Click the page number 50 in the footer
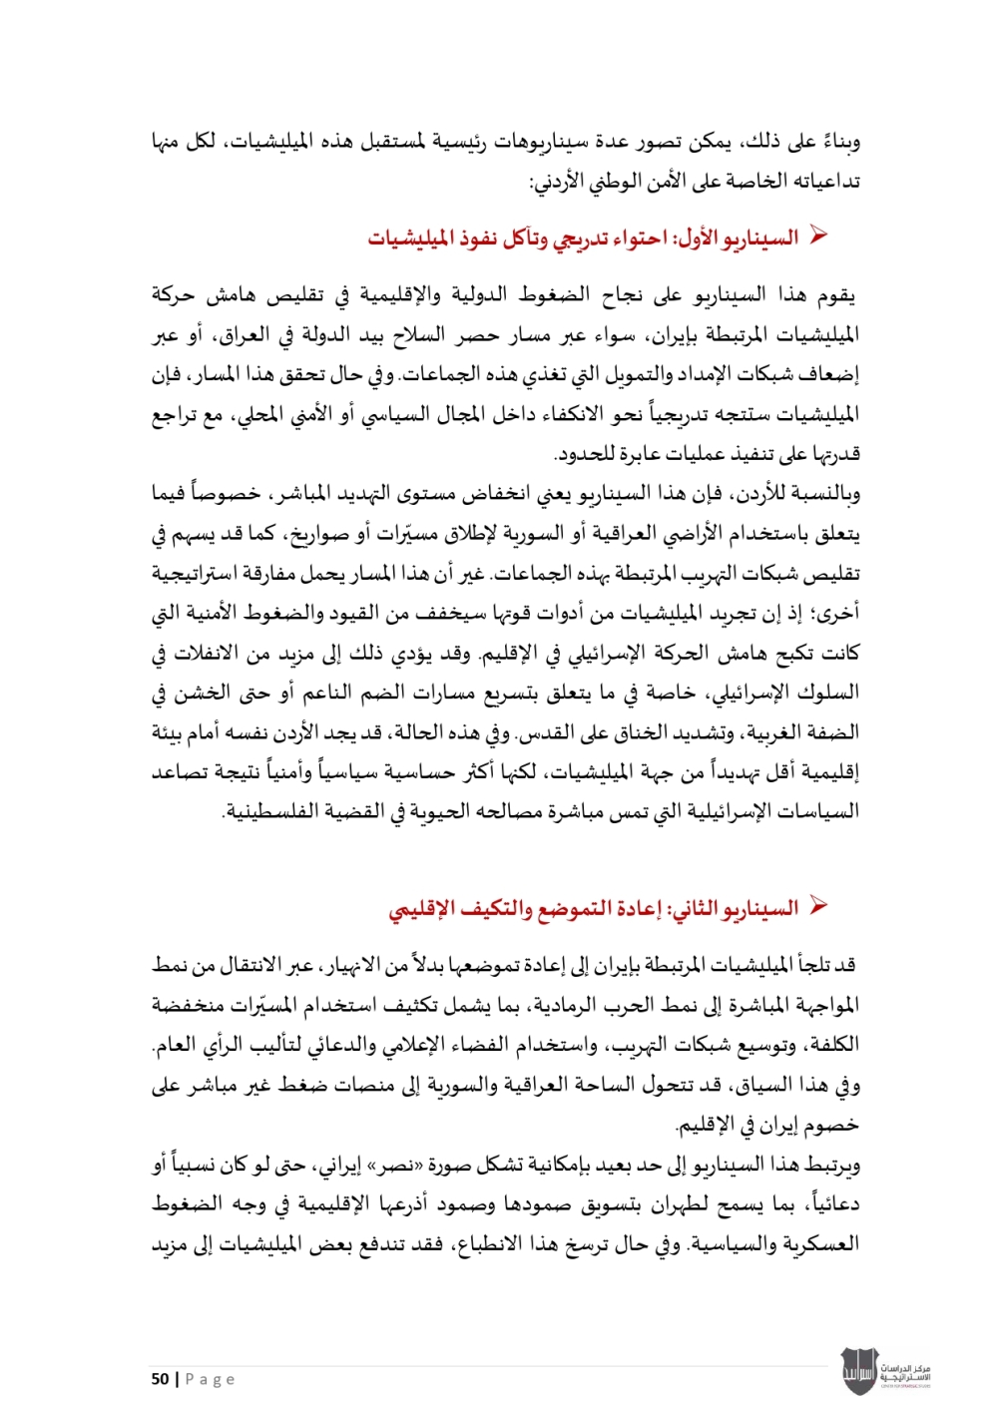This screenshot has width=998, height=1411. click(160, 1379)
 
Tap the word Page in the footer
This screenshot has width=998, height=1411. click(210, 1379)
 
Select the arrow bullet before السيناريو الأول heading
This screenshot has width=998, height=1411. click(819, 236)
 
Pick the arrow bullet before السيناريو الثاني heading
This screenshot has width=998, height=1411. click(819, 907)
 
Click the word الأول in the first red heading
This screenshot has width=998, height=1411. click(698, 237)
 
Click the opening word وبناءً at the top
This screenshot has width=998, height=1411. click(836, 142)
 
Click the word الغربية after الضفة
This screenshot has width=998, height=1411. click(774, 732)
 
